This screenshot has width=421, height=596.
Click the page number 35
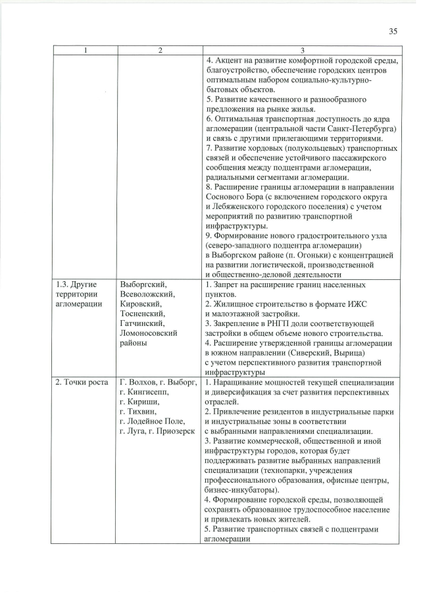[393, 31]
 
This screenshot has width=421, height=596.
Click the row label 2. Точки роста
[82, 383]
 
